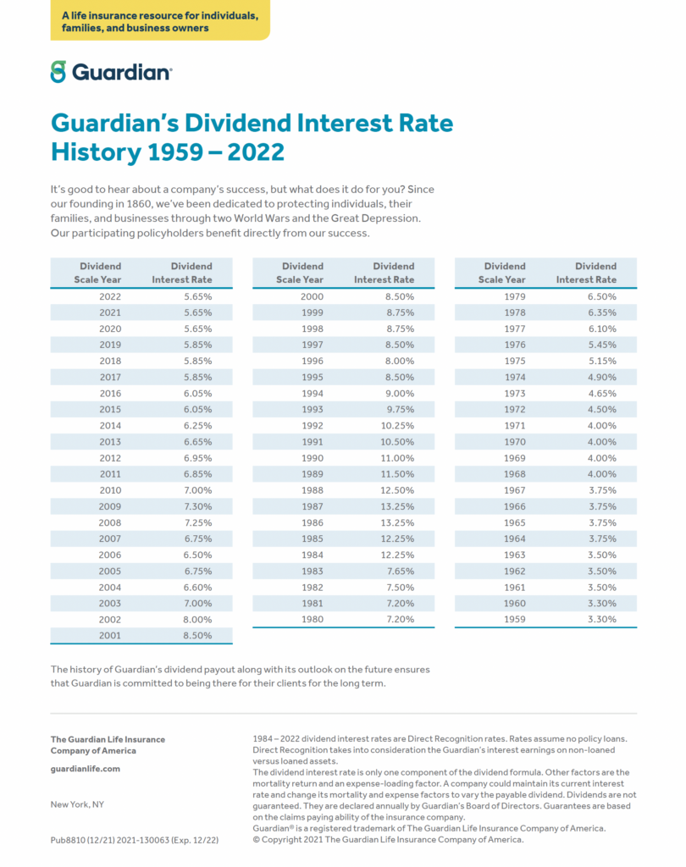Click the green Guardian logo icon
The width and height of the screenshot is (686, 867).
(x=58, y=71)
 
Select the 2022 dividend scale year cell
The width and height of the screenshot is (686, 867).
(x=110, y=296)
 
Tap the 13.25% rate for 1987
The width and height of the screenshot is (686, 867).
(x=398, y=506)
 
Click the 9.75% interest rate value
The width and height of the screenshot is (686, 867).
(x=398, y=409)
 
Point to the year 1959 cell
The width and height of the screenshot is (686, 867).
(x=514, y=619)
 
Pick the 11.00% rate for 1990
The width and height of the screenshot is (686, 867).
(x=398, y=457)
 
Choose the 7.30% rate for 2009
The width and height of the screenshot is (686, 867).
(x=197, y=506)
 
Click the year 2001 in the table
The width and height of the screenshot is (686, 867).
(x=110, y=635)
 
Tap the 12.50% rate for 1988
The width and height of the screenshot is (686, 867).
(x=398, y=490)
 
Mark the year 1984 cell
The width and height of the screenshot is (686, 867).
(x=312, y=555)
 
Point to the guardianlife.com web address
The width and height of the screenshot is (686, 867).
(x=86, y=769)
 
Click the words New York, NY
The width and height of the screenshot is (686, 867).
(x=77, y=804)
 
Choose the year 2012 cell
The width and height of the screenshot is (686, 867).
(x=110, y=457)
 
